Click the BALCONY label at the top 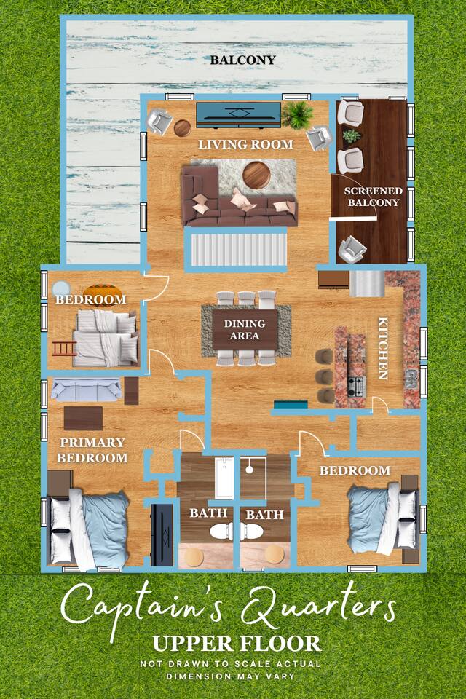pyautogui.click(x=243, y=60)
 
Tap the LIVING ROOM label pyautogui.click(x=245, y=144)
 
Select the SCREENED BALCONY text pyautogui.click(x=374, y=197)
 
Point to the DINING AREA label pyautogui.click(x=245, y=329)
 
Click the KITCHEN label pyautogui.click(x=383, y=348)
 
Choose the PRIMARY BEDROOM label pyautogui.click(x=92, y=450)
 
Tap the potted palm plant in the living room pyautogui.click(x=297, y=114)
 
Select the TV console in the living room pyautogui.click(x=239, y=114)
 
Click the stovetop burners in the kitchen pyautogui.click(x=356, y=387)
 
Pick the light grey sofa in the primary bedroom pyautogui.click(x=86, y=389)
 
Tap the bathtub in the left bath pyautogui.click(x=224, y=478)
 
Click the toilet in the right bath pyautogui.click(x=253, y=532)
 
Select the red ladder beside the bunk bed pyautogui.click(x=65, y=348)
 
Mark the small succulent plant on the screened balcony pyautogui.click(x=352, y=135)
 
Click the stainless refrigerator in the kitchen pyautogui.click(x=367, y=283)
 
